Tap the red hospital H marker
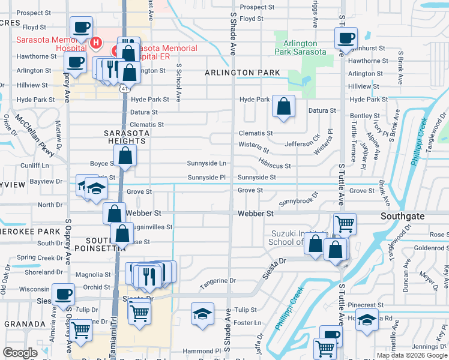(x=95, y=43)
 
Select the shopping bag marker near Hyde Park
(x=283, y=106)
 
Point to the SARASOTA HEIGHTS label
(x=125, y=136)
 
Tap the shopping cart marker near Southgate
(x=345, y=224)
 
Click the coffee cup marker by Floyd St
(x=81, y=26)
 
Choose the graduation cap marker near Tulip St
(x=202, y=313)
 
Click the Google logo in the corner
(x=20, y=353)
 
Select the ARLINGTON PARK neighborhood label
(x=242, y=73)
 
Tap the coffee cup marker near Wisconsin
(x=63, y=294)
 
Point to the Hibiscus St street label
(x=275, y=166)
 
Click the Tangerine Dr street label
(x=218, y=280)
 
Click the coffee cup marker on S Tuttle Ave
(x=345, y=38)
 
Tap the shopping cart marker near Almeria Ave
(x=80, y=329)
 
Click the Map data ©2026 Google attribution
(x=411, y=355)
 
